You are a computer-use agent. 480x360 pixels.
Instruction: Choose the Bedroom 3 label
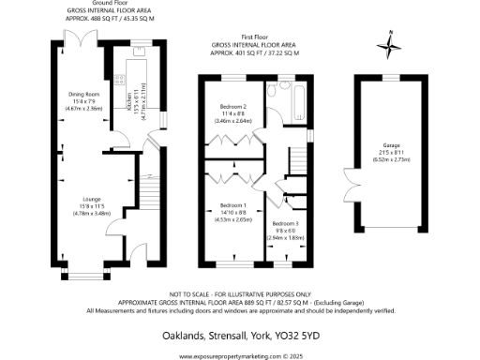pos(285,224)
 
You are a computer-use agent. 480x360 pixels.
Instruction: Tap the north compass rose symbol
pos(389,43)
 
